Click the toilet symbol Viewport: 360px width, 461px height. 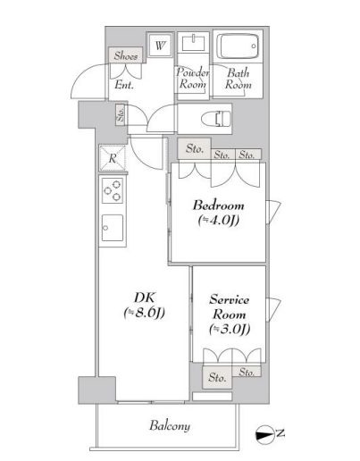click(216, 119)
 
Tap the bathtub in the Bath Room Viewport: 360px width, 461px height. click(238, 46)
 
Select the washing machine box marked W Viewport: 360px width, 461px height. click(160, 46)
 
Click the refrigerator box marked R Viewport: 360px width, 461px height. click(113, 158)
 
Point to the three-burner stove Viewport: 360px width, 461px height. click(113, 190)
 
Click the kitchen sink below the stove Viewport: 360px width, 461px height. click(113, 228)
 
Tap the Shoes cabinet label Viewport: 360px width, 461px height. click(126, 55)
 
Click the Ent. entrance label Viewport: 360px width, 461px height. click(124, 85)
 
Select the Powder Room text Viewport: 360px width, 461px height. click(192, 78)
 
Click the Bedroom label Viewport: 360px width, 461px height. click(219, 205)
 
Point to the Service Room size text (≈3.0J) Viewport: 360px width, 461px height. click(230, 329)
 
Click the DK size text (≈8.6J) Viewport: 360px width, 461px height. click(145, 313)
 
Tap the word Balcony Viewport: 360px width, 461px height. click(170, 425)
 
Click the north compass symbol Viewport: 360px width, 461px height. click(264, 435)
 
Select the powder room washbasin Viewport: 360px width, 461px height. click(193, 44)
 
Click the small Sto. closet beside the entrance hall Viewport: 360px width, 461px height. click(121, 114)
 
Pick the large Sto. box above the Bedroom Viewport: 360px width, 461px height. click(194, 148)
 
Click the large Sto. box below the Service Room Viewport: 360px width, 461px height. click(217, 377)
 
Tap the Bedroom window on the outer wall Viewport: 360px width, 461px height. click(273, 212)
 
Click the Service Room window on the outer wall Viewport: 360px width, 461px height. click(273, 310)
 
